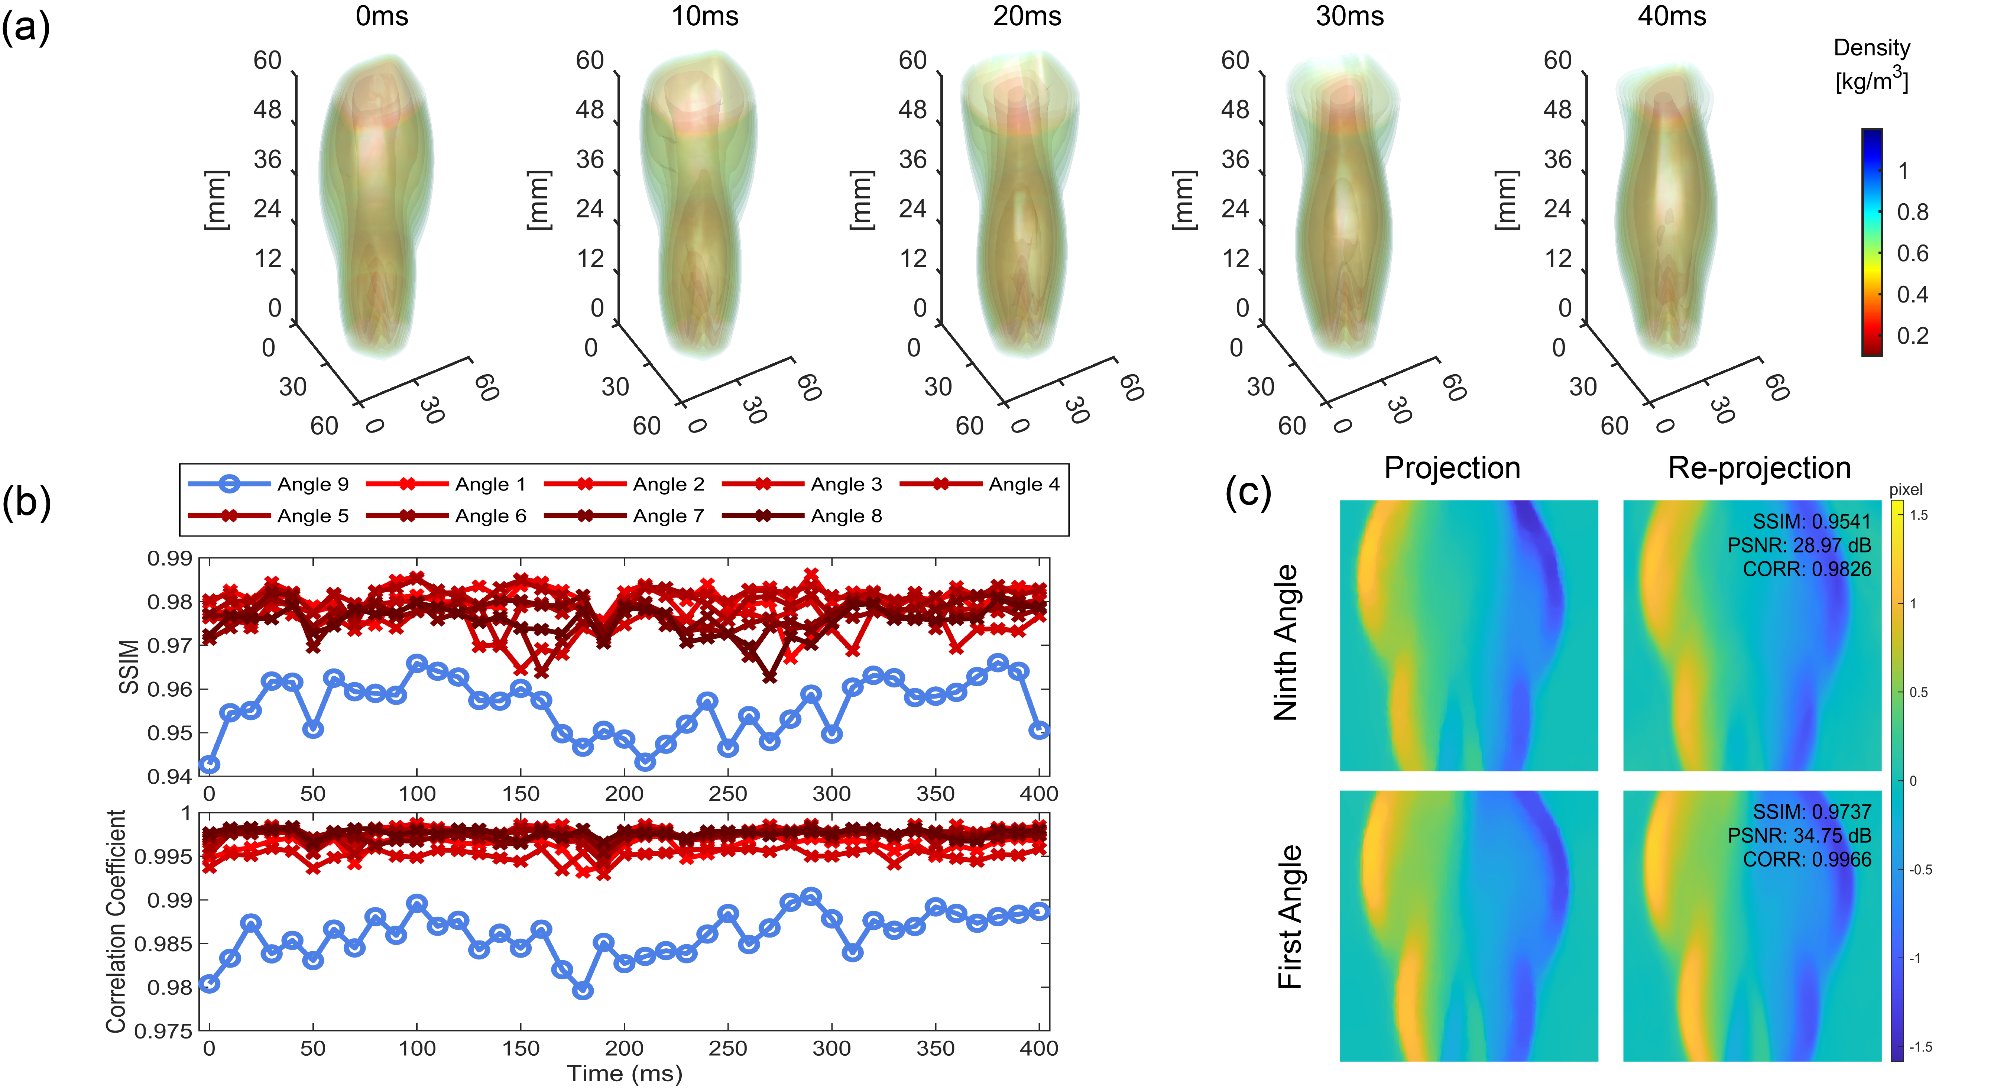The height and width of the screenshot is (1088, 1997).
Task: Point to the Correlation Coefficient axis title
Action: pyautogui.click(x=116, y=921)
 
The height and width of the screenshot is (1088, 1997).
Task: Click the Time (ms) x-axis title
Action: pyautogui.click(x=624, y=1073)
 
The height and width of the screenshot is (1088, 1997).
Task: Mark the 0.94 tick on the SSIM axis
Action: pyautogui.click(x=169, y=776)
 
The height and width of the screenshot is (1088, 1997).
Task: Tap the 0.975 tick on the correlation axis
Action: pyautogui.click(x=163, y=1032)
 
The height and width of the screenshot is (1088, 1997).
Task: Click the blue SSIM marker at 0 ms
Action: pyautogui.click(x=209, y=765)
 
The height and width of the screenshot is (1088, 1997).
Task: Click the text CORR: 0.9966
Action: pyautogui.click(x=1806, y=859)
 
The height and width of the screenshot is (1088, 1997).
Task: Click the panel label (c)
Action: pyautogui.click(x=1248, y=492)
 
